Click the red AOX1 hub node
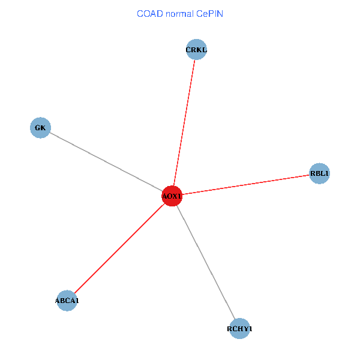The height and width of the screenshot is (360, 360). pos(172,196)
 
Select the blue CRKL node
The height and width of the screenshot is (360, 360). pos(196,49)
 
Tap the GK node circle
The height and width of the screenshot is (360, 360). pos(40,128)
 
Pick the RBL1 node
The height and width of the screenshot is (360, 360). pos(319,174)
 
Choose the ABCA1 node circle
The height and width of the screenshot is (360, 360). pos(67,301)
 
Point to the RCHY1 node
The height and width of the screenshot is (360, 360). pos(239,329)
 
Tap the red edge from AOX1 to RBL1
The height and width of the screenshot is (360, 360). pos(246,185)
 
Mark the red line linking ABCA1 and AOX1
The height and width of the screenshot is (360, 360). pos(119,248)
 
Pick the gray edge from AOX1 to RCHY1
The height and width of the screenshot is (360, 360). pos(206,262)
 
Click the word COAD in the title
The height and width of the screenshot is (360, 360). pos(148,13)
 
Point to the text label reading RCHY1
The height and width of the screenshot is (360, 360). pos(239,329)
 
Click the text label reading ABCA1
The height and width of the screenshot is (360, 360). pos(67,301)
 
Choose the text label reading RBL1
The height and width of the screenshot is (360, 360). pos(319,174)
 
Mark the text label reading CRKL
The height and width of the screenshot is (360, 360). pos(196,49)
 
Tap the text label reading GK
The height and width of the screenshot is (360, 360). pos(40,128)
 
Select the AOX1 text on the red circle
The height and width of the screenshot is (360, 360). pos(172,196)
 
